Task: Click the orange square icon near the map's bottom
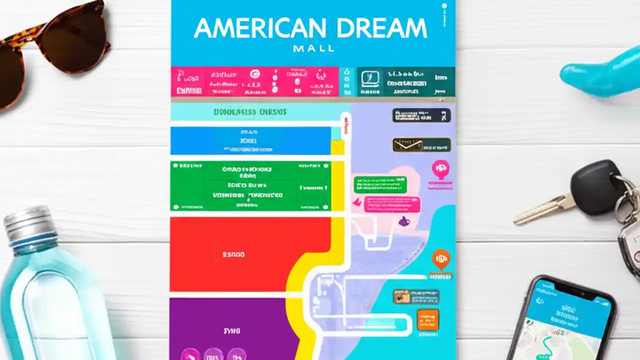(427, 319)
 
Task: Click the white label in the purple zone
(231, 331)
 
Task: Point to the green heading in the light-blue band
(250, 112)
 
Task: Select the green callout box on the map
(380, 184)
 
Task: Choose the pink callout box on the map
(392, 204)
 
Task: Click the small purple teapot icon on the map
(403, 221)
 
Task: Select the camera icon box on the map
(401, 296)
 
